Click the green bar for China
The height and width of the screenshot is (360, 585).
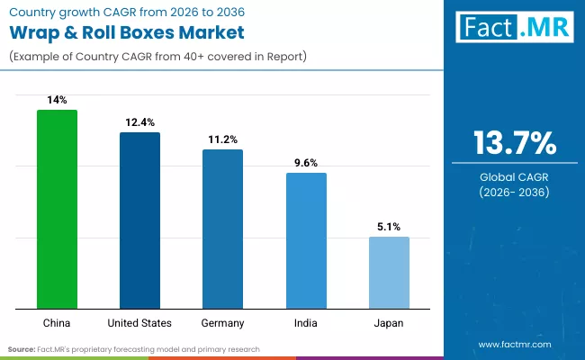pyautogui.click(x=57, y=209)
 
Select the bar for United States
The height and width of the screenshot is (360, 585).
pyautogui.click(x=139, y=220)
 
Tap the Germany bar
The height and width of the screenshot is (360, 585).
pyautogui.click(x=222, y=229)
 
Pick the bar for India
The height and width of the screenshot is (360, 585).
pyautogui.click(x=306, y=240)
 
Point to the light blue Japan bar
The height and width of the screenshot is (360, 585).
pyautogui.click(x=389, y=272)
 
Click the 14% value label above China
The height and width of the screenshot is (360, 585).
pyautogui.click(x=57, y=100)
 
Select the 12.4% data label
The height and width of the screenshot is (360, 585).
pyautogui.click(x=139, y=121)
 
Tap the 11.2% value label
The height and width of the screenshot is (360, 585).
pyautogui.click(x=222, y=139)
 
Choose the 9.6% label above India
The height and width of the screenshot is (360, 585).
pyautogui.click(x=306, y=163)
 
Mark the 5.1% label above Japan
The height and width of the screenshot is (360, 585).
pyautogui.click(x=389, y=227)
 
